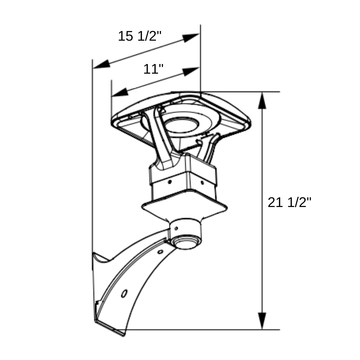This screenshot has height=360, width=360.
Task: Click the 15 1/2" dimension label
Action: (140, 36)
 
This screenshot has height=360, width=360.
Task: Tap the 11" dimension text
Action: (153, 69)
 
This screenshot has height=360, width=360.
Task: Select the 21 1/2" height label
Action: (289, 202)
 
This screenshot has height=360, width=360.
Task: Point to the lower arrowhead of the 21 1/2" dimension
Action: (262, 321)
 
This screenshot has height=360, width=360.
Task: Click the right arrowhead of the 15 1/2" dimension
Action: (191, 37)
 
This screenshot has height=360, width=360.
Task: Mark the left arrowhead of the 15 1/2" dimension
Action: (102, 64)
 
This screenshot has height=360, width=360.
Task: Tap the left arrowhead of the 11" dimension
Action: (120, 92)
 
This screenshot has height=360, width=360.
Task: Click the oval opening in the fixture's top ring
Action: (181, 125)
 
